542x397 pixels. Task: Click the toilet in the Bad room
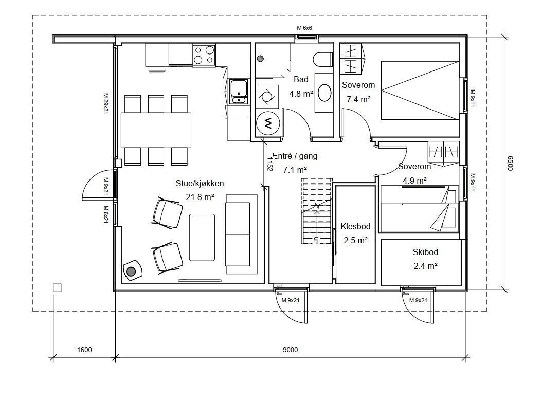pos(323,59)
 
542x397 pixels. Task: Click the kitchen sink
pos(239,92)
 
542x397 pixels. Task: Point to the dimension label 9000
pos(291,350)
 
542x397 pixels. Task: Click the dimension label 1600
pos(84,350)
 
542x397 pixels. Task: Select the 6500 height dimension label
pos(511,163)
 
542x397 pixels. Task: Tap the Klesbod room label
pos(355,226)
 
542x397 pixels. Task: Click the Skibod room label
pos(425,252)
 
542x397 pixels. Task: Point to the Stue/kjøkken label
pos(200,183)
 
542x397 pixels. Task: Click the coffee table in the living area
pos(202,237)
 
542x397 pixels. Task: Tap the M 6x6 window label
pos(304,28)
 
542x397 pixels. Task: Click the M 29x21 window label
pos(106,103)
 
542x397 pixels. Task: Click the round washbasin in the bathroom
pos(324,93)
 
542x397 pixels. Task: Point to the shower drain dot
pos(260,59)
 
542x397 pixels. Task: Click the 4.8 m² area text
pos(301,94)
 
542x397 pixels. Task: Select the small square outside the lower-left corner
pos(57,287)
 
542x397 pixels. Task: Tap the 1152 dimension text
pos(270,162)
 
